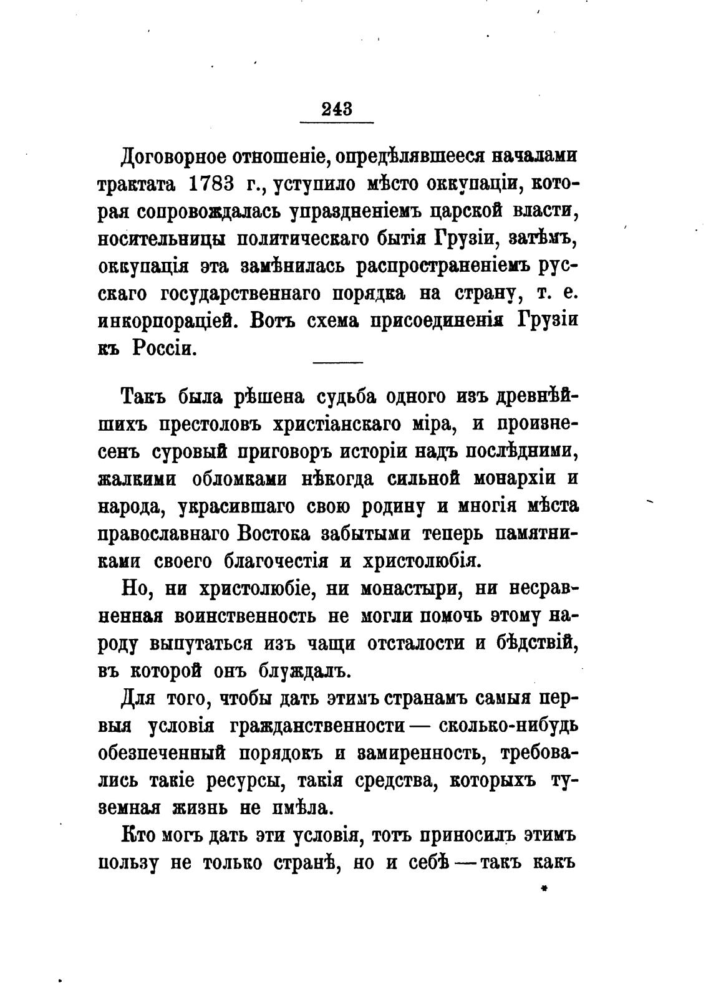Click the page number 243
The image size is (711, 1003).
click(x=337, y=109)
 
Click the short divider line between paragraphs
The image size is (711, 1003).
click(x=337, y=362)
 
